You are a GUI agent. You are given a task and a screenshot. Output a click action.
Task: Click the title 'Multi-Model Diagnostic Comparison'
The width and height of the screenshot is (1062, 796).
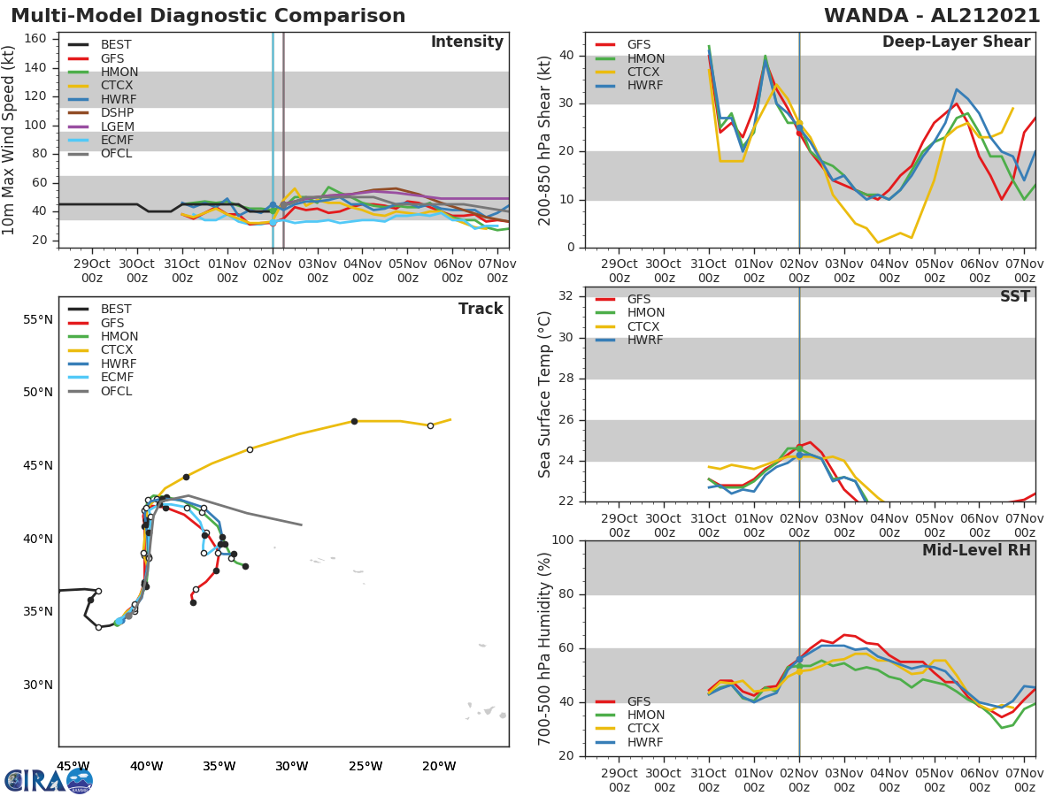[x=208, y=17]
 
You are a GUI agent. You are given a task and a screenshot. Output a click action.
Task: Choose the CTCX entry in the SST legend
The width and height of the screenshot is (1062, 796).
[x=645, y=326]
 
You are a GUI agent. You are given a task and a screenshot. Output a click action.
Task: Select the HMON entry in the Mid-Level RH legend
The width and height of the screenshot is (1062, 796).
[x=645, y=716]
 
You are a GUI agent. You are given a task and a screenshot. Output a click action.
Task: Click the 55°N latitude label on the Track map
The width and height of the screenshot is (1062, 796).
[x=36, y=319]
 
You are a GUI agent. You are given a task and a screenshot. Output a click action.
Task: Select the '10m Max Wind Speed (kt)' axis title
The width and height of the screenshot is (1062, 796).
[x=10, y=140]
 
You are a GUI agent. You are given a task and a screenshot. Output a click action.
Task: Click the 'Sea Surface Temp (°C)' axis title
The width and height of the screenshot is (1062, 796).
[x=545, y=394]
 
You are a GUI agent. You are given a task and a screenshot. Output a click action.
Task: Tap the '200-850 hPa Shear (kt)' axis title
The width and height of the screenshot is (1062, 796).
[x=545, y=140]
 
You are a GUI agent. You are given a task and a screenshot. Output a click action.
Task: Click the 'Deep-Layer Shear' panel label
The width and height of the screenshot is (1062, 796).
[x=956, y=42]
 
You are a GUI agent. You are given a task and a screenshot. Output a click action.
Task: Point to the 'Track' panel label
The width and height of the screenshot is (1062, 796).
[x=481, y=309]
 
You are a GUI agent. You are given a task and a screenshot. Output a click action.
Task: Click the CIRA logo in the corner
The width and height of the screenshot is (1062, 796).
[x=49, y=780]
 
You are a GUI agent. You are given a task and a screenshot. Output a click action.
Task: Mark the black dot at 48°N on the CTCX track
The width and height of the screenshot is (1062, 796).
[x=354, y=421]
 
